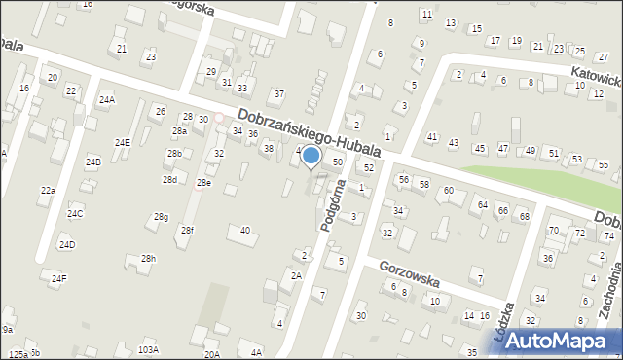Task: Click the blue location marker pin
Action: (311, 157)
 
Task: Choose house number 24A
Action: (106, 99)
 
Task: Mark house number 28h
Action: (148, 259)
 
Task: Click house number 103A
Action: (148, 349)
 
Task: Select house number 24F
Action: (59, 279)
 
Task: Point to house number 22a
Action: (48, 191)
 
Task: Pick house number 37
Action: (278, 94)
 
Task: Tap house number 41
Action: (432, 137)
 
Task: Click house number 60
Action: (449, 191)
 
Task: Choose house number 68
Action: (524, 216)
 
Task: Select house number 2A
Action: (296, 276)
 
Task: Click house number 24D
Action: (66, 244)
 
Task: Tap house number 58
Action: (424, 184)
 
